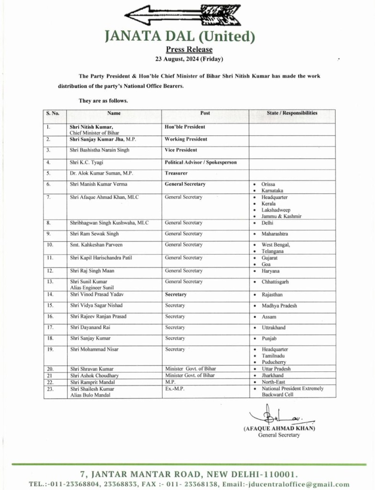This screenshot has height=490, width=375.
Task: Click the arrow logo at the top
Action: (x=174, y=15)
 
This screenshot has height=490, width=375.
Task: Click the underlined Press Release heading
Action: (x=189, y=49)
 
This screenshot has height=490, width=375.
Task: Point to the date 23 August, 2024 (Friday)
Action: (x=189, y=59)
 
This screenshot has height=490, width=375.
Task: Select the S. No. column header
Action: (x=53, y=113)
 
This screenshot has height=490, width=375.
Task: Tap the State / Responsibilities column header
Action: (x=292, y=113)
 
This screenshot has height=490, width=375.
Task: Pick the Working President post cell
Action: (x=186, y=139)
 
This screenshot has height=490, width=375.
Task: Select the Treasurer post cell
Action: (x=176, y=173)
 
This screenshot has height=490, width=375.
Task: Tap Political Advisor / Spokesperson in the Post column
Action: (x=200, y=162)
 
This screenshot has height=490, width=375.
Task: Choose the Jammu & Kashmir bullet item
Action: (x=281, y=216)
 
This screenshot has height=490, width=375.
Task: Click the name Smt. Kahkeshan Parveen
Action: (x=96, y=245)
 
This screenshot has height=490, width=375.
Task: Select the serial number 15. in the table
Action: (x=50, y=305)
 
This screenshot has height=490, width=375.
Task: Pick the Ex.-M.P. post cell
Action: (x=174, y=389)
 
